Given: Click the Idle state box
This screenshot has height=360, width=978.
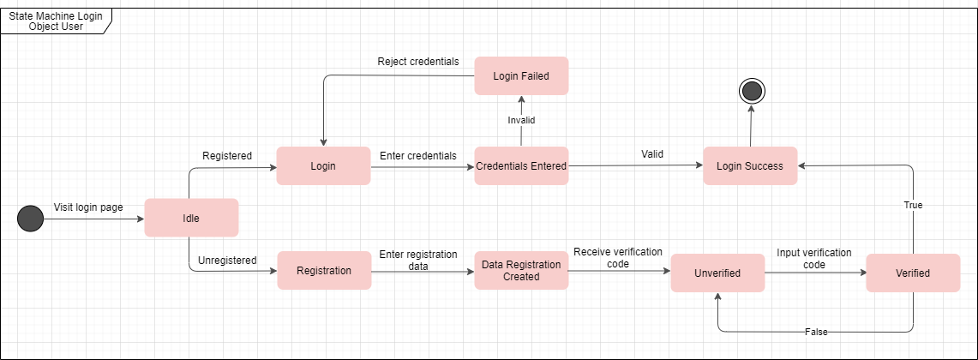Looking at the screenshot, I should (x=191, y=218).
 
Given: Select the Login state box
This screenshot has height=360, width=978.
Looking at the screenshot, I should (x=323, y=165).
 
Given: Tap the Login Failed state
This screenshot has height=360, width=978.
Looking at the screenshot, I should (x=521, y=76).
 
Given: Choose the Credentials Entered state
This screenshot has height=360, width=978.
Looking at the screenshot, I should (x=521, y=165).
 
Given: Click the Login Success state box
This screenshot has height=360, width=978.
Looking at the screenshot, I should (x=750, y=165).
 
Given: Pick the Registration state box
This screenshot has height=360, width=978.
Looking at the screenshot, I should (x=323, y=271).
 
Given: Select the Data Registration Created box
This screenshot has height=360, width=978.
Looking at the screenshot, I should (x=521, y=271).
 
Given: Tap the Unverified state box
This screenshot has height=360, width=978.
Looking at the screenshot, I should (x=717, y=273).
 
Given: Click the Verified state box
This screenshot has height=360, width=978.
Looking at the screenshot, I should (x=913, y=273).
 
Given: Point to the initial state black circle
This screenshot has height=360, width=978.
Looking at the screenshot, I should (x=30, y=219).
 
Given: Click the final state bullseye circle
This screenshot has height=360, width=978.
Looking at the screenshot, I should (x=752, y=90).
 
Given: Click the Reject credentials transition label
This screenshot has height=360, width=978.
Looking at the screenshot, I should (x=418, y=62).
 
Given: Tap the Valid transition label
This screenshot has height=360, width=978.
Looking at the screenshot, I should (x=653, y=154).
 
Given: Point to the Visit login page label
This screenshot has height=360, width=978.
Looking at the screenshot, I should (x=89, y=207).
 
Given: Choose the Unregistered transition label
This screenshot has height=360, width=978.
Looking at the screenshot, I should (x=227, y=260).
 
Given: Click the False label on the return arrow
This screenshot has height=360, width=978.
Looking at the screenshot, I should (x=816, y=332).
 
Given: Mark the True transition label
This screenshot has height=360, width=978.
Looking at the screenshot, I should (x=912, y=206).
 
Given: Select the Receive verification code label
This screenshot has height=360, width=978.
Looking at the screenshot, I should (x=617, y=257).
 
